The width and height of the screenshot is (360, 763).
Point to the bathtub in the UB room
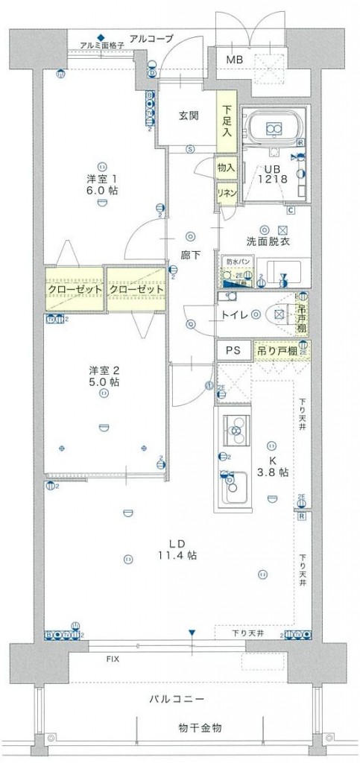click(x=273, y=127)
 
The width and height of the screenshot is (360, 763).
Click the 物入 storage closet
click(x=226, y=169)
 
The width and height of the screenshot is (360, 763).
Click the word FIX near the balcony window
click(x=112, y=659)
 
